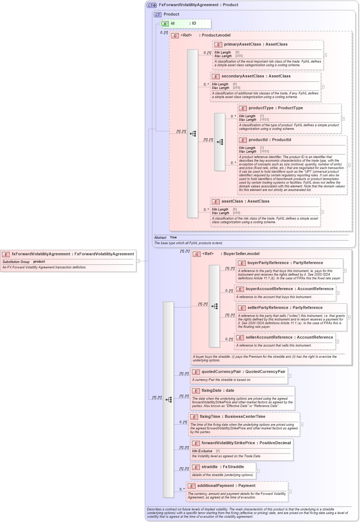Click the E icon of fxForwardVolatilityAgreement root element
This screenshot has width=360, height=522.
click(6, 254)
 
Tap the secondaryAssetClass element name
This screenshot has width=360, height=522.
click(238, 76)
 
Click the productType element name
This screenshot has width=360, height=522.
click(261, 108)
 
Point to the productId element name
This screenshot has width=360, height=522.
click(258, 140)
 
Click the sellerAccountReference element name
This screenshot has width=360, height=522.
click(269, 338)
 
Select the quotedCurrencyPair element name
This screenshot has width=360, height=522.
click(221, 372)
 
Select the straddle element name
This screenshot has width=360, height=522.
click(210, 467)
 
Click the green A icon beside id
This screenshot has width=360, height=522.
click(165, 24)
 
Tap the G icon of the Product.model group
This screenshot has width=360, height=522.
click(175, 35)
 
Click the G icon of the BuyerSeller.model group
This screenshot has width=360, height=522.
click(197, 254)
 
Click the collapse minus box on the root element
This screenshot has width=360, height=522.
click(138, 261)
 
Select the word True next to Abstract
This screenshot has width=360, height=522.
click(173, 238)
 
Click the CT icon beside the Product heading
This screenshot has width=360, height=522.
click(158, 14)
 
